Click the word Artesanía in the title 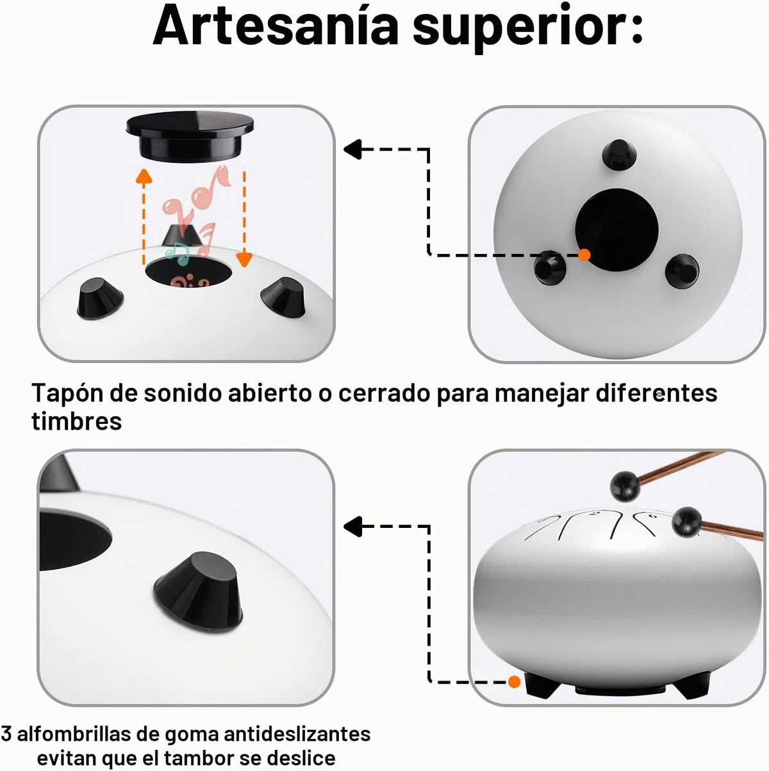click(x=276, y=27)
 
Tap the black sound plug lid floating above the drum click(x=190, y=137)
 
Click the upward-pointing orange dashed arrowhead click(x=144, y=176)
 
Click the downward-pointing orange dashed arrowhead click(x=244, y=260)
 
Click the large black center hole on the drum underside click(x=616, y=230)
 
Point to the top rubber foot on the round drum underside click(x=619, y=154)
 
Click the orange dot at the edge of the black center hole click(x=584, y=255)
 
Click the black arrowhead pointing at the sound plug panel click(x=352, y=149)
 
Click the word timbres click(x=77, y=421)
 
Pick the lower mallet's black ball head click(x=687, y=521)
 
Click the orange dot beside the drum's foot click(x=514, y=681)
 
